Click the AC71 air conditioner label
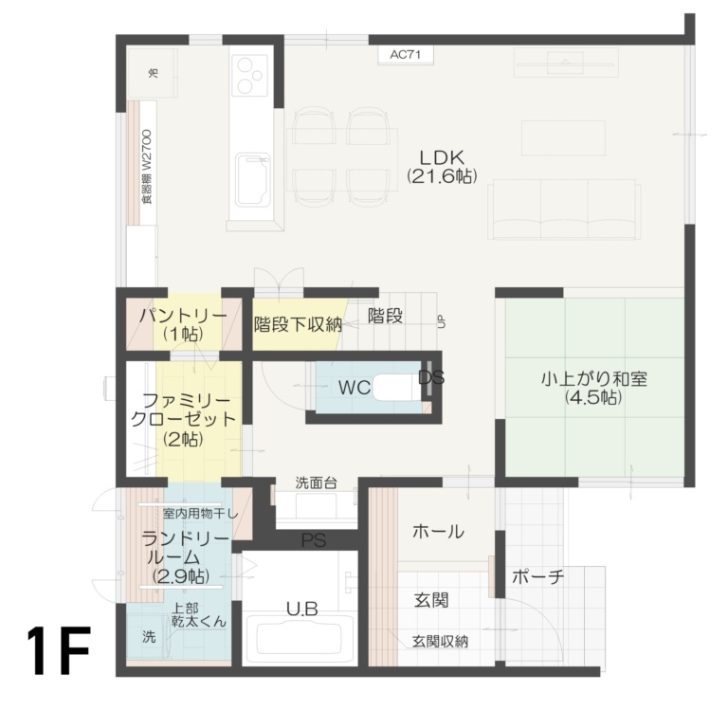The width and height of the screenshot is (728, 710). (405, 55)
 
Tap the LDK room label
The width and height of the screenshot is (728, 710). (441, 156)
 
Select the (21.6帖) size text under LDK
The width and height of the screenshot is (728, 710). (441, 176)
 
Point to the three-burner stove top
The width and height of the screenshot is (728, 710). (251, 75)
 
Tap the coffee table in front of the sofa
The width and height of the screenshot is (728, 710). (549, 137)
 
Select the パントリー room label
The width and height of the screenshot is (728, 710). (180, 317)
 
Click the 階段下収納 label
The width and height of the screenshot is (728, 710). (298, 324)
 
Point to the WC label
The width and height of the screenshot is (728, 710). (354, 387)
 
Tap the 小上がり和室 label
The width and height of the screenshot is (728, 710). (593, 378)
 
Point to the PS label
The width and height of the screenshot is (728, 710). (313, 541)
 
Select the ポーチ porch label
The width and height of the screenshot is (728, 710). (537, 576)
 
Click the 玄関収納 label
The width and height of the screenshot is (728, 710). (440, 642)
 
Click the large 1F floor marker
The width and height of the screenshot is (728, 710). (59, 651)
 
